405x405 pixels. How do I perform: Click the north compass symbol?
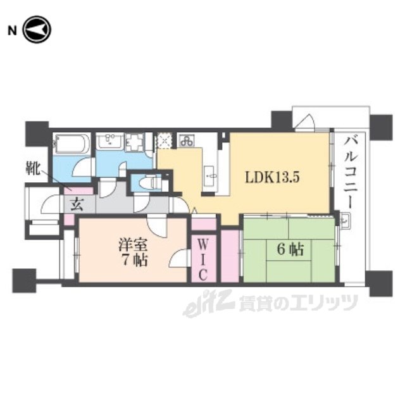tap(37, 30)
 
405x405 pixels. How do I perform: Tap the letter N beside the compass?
tap(12, 31)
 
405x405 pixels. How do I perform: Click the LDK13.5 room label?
tap(272, 178)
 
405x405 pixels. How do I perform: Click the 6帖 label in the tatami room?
tap(290, 250)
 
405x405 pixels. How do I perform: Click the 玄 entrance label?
tap(77, 204)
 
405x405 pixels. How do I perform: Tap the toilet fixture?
tap(149, 183)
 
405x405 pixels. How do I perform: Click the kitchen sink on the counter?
tap(211, 176)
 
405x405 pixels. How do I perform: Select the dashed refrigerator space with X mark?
tap(165, 141)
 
